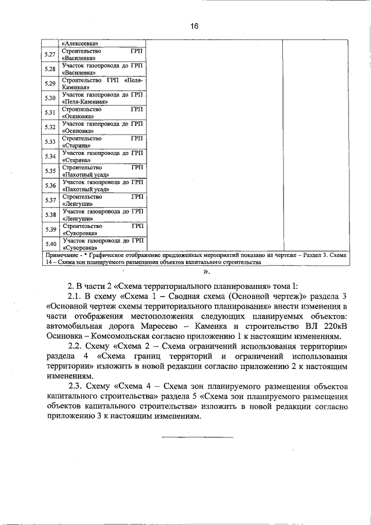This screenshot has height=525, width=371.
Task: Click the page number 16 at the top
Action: (x=194, y=26)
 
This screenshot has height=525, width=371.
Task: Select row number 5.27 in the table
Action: (x=50, y=55)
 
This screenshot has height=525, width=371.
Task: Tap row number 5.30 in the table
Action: (x=50, y=98)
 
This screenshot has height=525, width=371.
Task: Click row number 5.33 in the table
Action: (x=50, y=142)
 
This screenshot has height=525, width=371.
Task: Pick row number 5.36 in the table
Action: (x=50, y=186)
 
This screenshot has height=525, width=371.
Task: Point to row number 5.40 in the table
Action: (x=50, y=244)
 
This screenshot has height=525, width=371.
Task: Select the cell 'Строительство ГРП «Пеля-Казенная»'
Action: (x=102, y=84)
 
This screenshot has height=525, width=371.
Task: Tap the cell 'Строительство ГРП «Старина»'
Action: (x=102, y=142)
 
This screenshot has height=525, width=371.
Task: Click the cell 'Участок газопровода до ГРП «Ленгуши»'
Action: (x=102, y=215)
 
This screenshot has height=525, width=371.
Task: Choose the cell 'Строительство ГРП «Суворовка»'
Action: (x=102, y=229)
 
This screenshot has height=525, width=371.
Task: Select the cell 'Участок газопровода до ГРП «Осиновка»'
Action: (x=102, y=127)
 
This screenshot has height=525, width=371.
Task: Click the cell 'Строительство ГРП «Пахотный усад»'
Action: (x=102, y=171)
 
